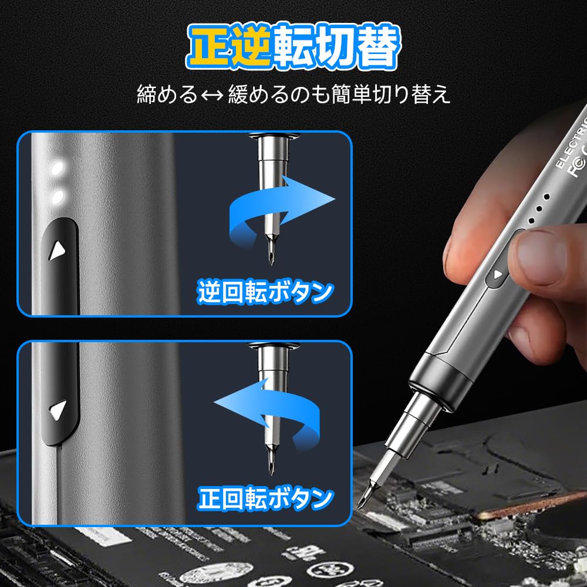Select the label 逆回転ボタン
265,292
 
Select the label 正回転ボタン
265,500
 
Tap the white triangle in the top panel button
56,251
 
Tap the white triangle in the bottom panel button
58,410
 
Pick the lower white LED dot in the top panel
57,197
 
